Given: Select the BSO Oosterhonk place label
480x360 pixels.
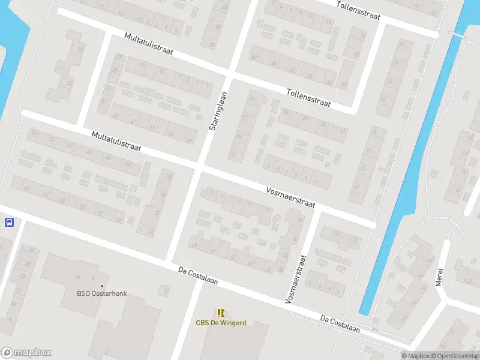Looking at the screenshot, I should [102, 293].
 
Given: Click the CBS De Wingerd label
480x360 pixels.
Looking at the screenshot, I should [221, 323].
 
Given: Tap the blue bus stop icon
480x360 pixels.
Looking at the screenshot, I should [9, 223].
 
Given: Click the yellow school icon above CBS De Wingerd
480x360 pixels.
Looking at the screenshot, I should [221, 312].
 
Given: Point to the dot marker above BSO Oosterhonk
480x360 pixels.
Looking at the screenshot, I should [102, 286].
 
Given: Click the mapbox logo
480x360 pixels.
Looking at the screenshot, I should [26, 353].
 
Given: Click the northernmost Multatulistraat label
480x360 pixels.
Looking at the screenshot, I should [148, 44].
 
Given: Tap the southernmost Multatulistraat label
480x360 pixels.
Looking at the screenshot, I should [116, 141].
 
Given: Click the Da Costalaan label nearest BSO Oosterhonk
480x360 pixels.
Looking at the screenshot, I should [198, 276].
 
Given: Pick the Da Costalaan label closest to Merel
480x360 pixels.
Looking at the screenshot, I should [340, 323].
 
